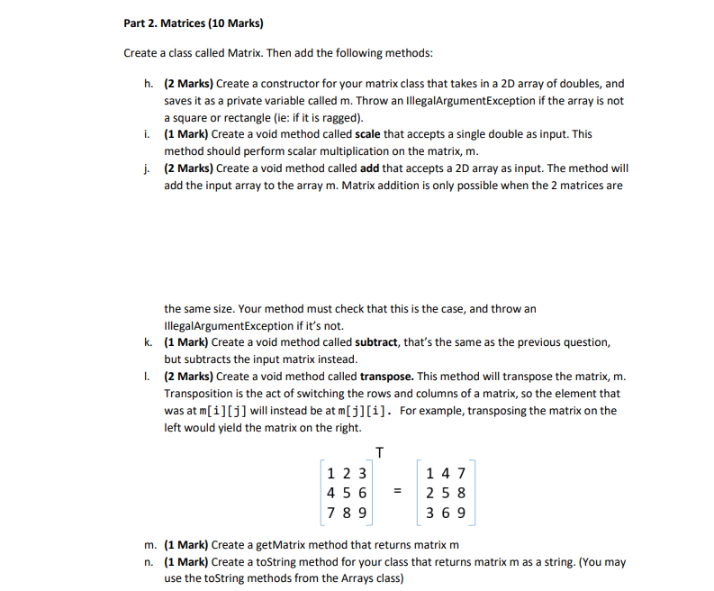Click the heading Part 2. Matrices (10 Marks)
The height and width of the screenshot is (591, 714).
tap(186, 22)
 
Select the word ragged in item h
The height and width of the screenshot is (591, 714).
tap(331, 118)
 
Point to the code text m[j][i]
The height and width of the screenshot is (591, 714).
tap(366, 411)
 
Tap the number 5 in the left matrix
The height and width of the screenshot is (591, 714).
tap(347, 493)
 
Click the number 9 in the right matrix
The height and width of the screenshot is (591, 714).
tap(461, 513)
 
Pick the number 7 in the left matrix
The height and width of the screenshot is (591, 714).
tap(332, 513)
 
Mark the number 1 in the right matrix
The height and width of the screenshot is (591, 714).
tap(432, 473)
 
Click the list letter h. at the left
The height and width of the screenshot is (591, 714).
tap(148, 84)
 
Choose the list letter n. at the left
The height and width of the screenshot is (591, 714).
tap(148, 562)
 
